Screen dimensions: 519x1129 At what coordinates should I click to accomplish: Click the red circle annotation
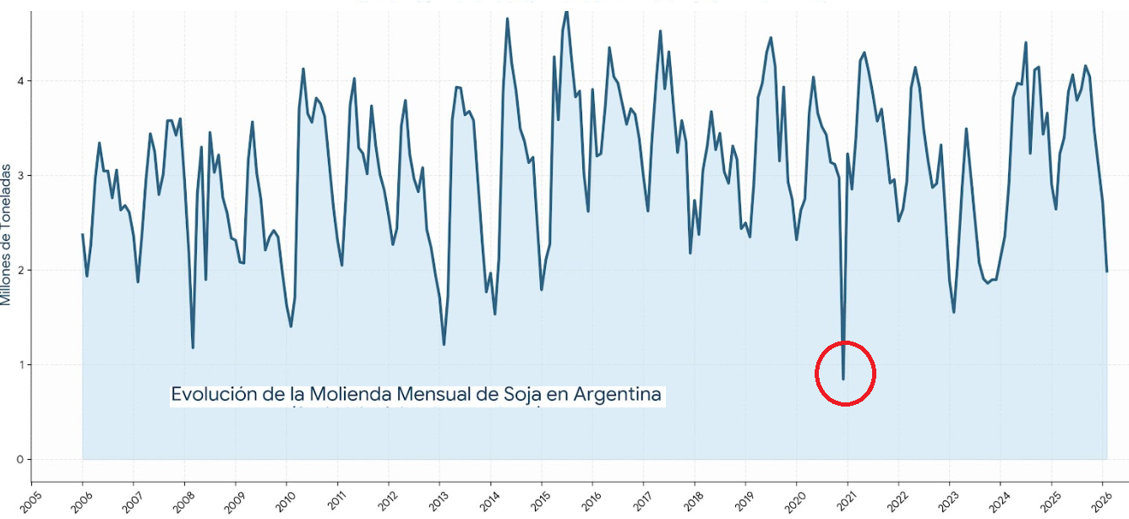[x=845, y=373]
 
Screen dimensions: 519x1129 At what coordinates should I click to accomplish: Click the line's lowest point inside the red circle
[x=843, y=379]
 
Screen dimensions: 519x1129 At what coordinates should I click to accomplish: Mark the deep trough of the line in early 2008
[x=193, y=347]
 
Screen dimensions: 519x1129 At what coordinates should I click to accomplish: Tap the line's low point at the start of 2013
[x=444, y=344]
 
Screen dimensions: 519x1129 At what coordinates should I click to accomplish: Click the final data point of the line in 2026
[x=1107, y=271]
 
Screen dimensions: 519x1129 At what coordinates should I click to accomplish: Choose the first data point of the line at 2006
[x=82, y=234]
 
